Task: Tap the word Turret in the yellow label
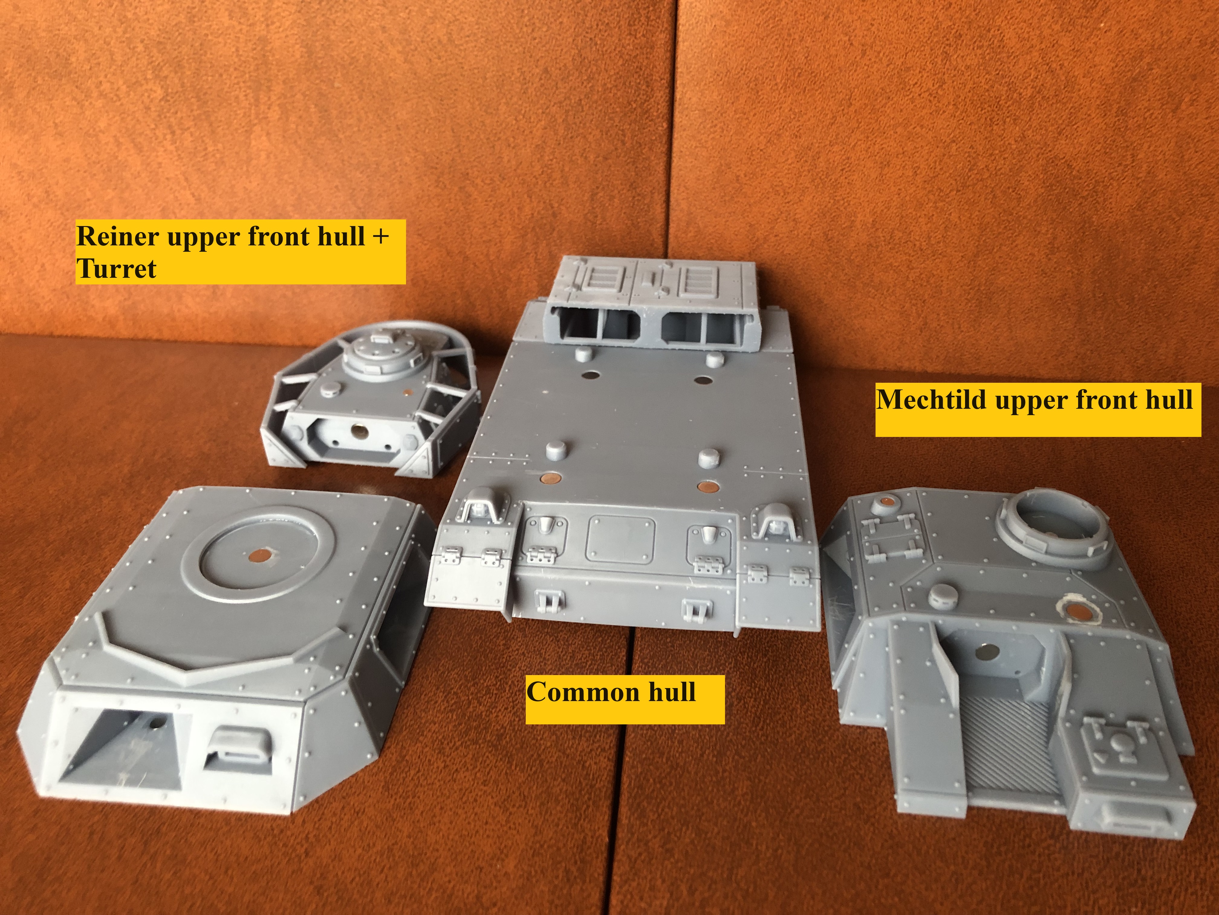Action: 116,269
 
